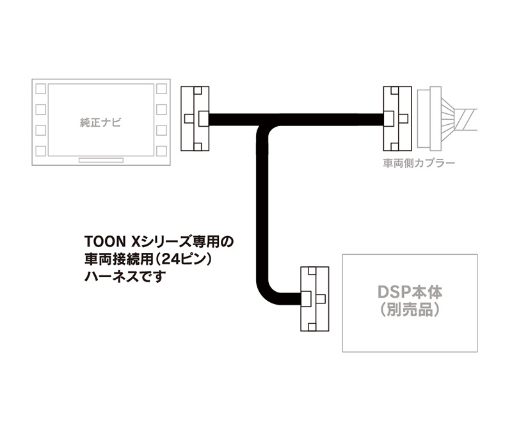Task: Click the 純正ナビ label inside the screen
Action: coord(100,123)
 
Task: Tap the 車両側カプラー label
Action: coord(419,163)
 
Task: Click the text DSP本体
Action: coord(410,292)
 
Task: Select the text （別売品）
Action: coord(410,309)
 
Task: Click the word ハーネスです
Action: coord(125,277)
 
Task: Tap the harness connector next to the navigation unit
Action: coord(195,118)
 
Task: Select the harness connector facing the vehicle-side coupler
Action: coord(397,118)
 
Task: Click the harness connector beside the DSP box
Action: coord(314,299)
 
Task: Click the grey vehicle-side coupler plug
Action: coord(429,119)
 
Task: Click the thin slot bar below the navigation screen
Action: coord(101,160)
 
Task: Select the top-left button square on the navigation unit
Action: coord(40,89)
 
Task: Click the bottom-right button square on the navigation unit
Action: coord(161,151)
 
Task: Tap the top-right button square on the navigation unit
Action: coord(161,89)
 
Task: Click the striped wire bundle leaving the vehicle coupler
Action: coord(459,119)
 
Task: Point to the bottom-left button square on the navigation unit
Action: coord(40,151)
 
